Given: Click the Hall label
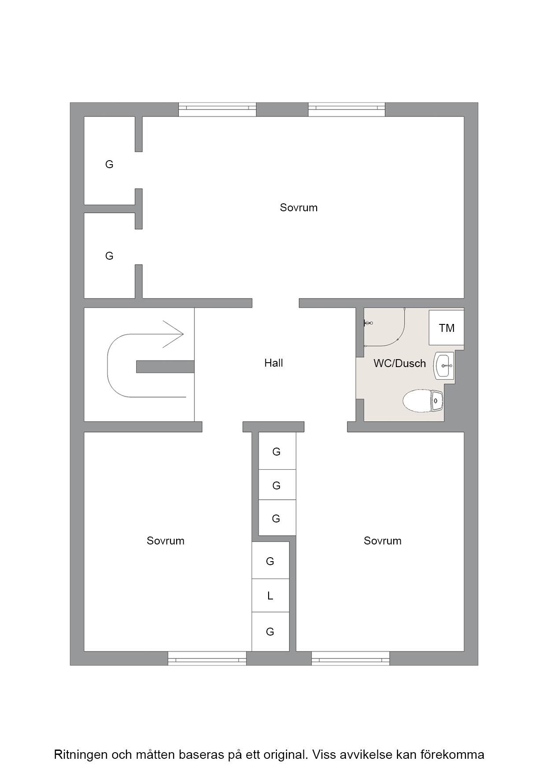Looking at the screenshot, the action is (x=273, y=363).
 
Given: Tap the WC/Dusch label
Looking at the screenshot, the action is (x=400, y=364).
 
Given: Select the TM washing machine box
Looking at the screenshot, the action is (x=446, y=327).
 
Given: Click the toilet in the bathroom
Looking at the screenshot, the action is (x=424, y=401).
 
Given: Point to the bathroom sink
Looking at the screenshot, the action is (x=444, y=365).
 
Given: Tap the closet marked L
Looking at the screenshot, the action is (x=270, y=596).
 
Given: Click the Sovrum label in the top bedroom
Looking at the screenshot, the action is (x=299, y=208).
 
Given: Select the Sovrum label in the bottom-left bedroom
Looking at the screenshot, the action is (x=166, y=541).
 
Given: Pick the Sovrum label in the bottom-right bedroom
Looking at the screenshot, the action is (x=383, y=541).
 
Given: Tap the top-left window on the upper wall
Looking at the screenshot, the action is (x=217, y=110).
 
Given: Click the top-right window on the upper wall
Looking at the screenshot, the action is (x=347, y=110).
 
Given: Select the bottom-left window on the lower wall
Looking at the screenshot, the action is (x=207, y=658).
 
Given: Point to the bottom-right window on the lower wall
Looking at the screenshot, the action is (x=350, y=658).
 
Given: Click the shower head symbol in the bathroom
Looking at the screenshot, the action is (x=368, y=324).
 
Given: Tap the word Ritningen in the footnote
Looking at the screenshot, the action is (x=81, y=755).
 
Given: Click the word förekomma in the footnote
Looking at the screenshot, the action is (x=457, y=754).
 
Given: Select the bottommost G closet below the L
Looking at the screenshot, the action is (x=270, y=632).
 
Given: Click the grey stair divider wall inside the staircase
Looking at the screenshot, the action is (x=165, y=367).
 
